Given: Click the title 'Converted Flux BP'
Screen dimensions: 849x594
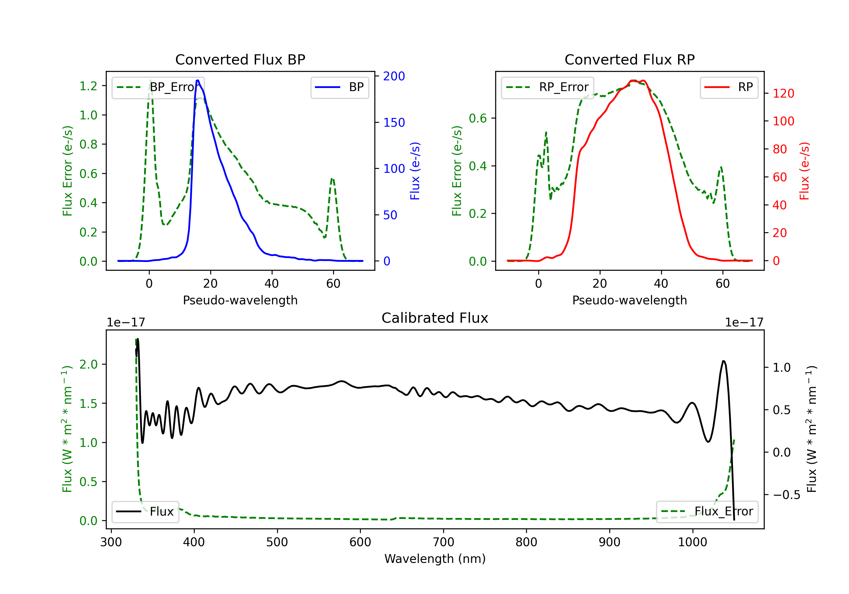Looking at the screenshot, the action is [240, 59].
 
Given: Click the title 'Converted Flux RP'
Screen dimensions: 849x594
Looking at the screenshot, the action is [630, 59].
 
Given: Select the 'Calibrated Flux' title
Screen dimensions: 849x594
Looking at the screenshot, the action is [435, 318].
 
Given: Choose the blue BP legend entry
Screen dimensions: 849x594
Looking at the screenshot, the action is [339, 87].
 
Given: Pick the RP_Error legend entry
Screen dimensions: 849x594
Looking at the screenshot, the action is [547, 87].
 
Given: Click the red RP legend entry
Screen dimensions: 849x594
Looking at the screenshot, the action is [729, 87].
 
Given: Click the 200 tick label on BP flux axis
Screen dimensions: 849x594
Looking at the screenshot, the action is [394, 76].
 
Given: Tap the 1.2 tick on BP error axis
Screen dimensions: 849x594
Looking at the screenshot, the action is [88, 86].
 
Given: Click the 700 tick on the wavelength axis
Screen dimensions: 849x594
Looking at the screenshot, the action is [443, 542].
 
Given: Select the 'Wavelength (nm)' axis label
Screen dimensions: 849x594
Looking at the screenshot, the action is [435, 559].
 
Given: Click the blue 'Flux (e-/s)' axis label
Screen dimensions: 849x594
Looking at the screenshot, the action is [415, 171].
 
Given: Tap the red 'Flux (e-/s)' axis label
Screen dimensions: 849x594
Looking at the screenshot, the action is [805, 171].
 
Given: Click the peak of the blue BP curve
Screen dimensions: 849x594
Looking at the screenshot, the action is [198, 80].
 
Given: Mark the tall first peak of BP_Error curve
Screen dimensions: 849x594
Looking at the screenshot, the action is [150, 80].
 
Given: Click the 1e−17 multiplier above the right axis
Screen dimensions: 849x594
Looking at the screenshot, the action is [744, 322].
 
